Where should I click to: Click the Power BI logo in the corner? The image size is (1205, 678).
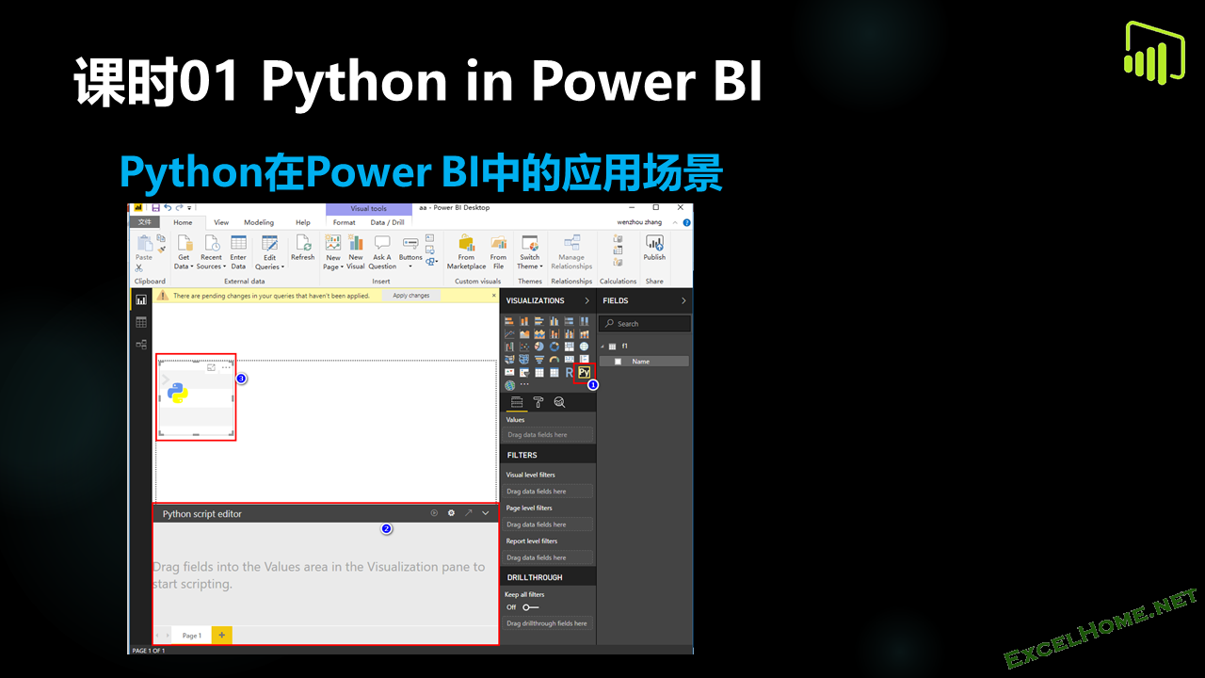(1153, 53)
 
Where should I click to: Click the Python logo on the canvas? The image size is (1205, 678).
(177, 393)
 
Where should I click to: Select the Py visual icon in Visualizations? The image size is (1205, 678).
(584, 372)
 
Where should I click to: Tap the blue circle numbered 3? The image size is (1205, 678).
(242, 379)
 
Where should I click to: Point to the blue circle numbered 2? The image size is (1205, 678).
(386, 529)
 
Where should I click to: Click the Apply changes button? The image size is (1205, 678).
(410, 296)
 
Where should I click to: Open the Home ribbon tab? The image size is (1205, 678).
(183, 222)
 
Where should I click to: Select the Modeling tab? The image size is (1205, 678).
(259, 222)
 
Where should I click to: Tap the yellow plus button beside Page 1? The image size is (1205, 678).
(222, 636)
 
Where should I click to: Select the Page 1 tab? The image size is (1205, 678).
(191, 636)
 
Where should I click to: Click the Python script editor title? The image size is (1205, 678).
(202, 514)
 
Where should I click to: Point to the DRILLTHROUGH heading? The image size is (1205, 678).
(535, 577)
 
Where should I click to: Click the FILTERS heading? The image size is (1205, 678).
(522, 455)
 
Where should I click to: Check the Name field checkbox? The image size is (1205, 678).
(618, 362)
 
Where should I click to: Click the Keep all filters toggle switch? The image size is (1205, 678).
(530, 607)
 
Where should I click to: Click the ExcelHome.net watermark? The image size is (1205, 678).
(1101, 628)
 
